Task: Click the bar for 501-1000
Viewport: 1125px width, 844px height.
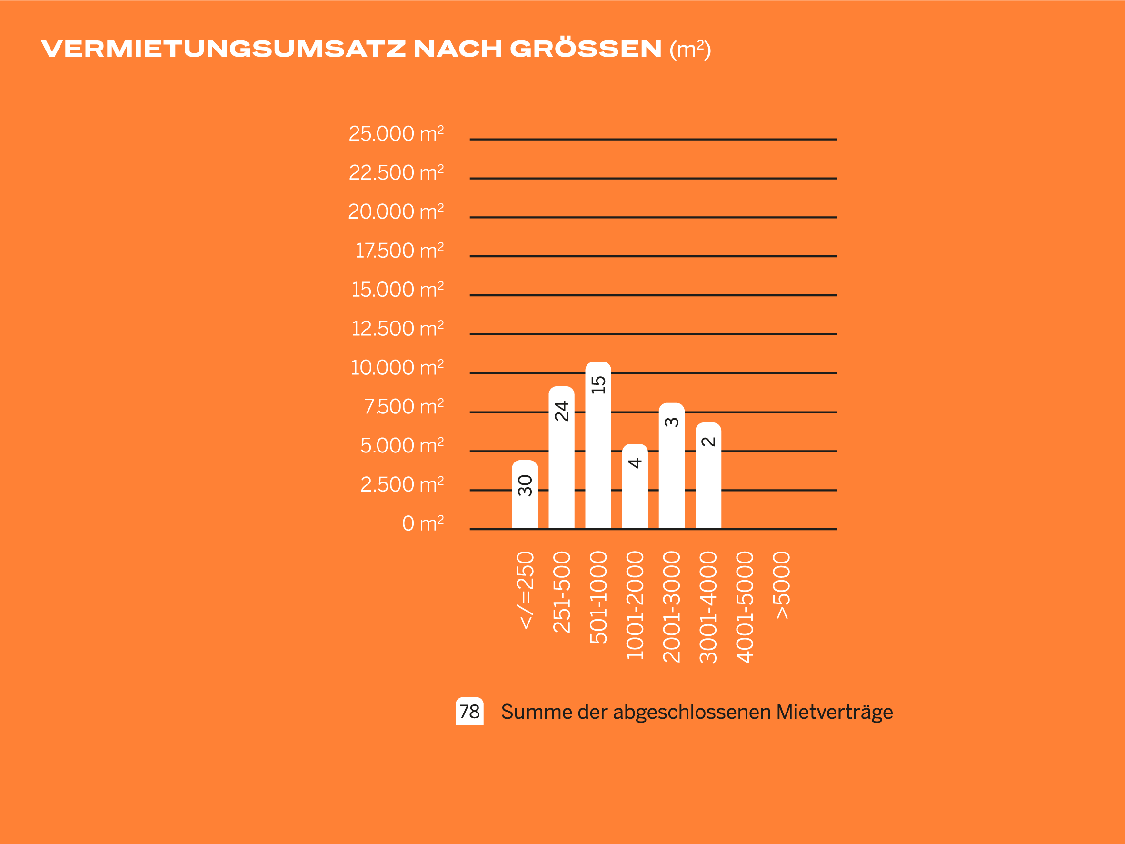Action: click(x=598, y=458)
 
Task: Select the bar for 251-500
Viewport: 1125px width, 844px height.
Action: click(x=561, y=468)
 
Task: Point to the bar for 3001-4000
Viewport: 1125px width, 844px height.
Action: click(x=708, y=483)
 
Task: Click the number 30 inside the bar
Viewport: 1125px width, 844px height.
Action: click(x=525, y=485)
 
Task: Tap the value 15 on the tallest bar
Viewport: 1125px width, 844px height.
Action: click(x=598, y=384)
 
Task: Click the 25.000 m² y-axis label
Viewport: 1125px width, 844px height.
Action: click(x=396, y=134)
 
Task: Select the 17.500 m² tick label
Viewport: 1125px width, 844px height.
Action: click(x=399, y=251)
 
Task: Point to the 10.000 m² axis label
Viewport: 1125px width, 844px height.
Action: click(x=397, y=368)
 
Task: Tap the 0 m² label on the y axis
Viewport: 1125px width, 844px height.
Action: click(x=423, y=523)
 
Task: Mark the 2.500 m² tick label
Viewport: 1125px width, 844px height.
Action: click(x=402, y=485)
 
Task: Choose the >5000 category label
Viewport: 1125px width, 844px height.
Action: click(x=782, y=585)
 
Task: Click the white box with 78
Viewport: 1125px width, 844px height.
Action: click(x=469, y=711)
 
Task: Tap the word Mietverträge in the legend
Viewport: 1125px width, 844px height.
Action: click(x=834, y=712)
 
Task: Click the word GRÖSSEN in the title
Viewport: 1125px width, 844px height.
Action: click(x=586, y=49)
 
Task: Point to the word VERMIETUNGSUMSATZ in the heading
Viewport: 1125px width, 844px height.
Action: click(x=224, y=49)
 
